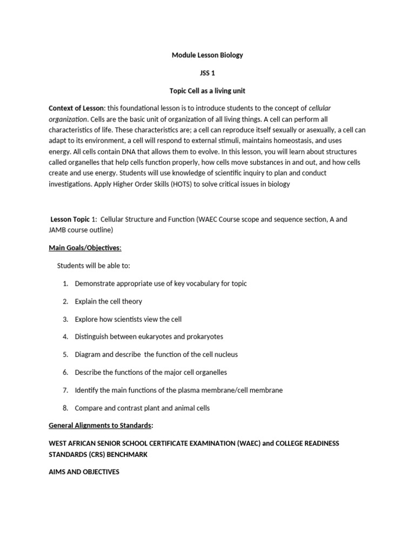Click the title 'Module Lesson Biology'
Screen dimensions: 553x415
click(x=207, y=55)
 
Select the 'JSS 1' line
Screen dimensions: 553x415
click(x=207, y=73)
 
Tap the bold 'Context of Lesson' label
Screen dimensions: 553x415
click(x=76, y=109)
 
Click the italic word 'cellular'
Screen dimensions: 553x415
click(x=320, y=109)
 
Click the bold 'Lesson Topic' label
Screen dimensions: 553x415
click(x=70, y=220)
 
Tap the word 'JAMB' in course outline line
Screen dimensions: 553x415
click(x=59, y=230)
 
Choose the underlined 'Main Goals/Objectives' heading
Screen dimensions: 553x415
click(x=85, y=248)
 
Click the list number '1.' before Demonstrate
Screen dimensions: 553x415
click(x=65, y=284)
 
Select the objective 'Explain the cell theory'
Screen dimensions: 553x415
click(x=108, y=301)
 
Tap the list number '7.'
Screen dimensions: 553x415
click(x=65, y=390)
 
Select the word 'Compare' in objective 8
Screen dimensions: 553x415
click(x=88, y=408)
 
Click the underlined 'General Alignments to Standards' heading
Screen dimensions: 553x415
click(x=100, y=426)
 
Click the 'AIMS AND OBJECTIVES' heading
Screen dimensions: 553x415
click(x=84, y=472)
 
